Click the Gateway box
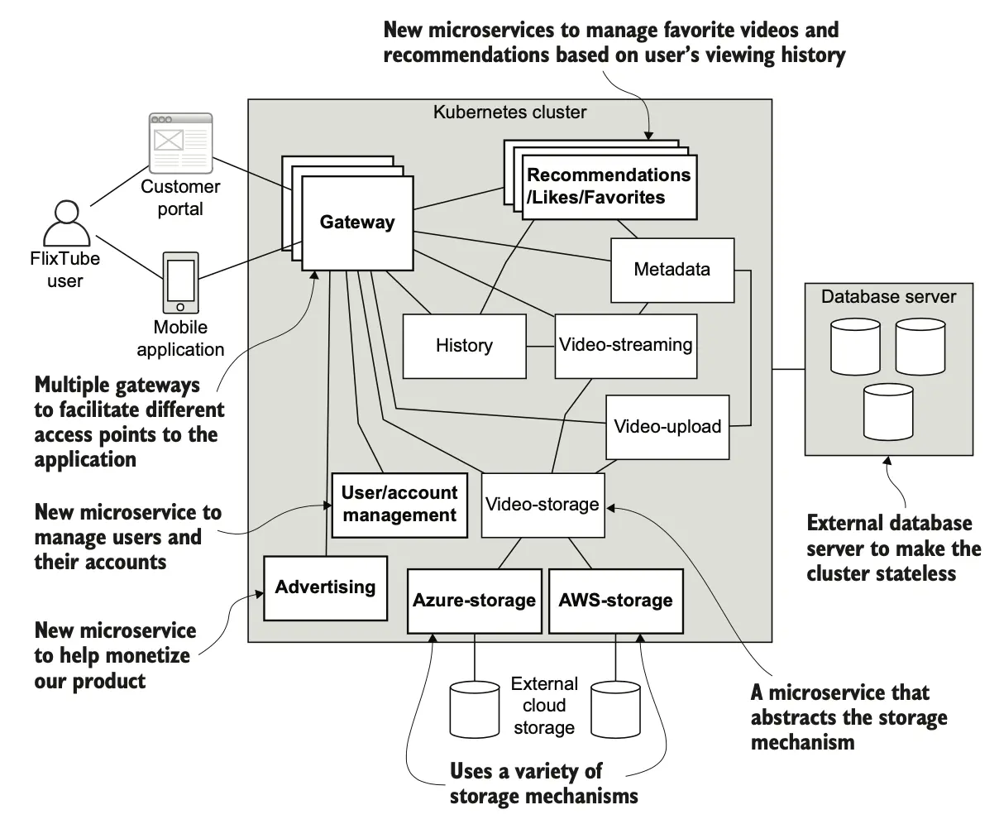coord(356,223)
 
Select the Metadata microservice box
coord(672,270)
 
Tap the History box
coord(464,346)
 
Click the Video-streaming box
coord(625,345)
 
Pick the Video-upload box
coord(667,427)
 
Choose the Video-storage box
coord(542,504)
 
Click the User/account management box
coord(399,504)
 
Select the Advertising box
coord(325,587)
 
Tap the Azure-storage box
coord(474,601)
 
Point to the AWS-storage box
coord(615,601)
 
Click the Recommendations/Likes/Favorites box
coord(608,187)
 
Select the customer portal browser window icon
coord(180,142)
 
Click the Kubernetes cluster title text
coord(509,112)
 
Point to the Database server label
coord(888,296)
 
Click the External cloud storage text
coord(544,706)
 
